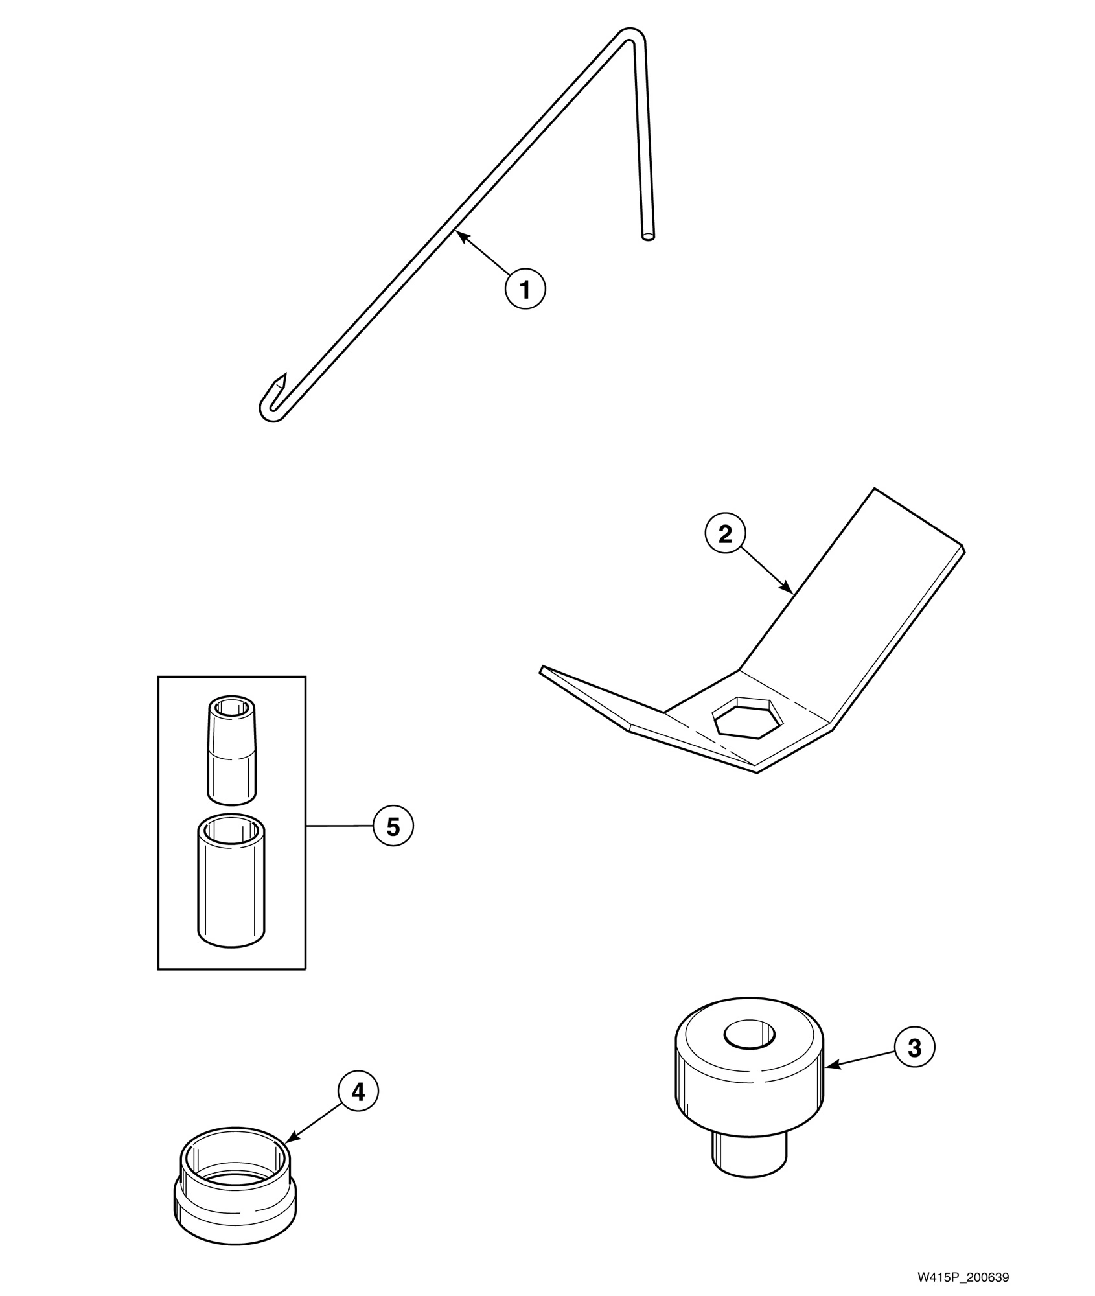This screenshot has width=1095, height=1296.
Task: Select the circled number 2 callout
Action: point(725,533)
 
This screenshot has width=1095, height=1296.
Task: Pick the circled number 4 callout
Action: point(358,1092)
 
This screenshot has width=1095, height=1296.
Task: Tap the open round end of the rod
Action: point(647,237)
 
